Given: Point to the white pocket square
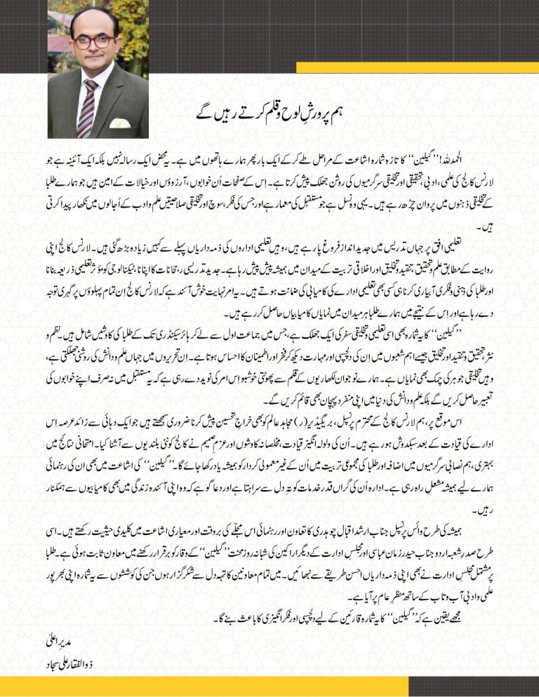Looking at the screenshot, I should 120,123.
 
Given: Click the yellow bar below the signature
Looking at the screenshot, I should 105,686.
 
